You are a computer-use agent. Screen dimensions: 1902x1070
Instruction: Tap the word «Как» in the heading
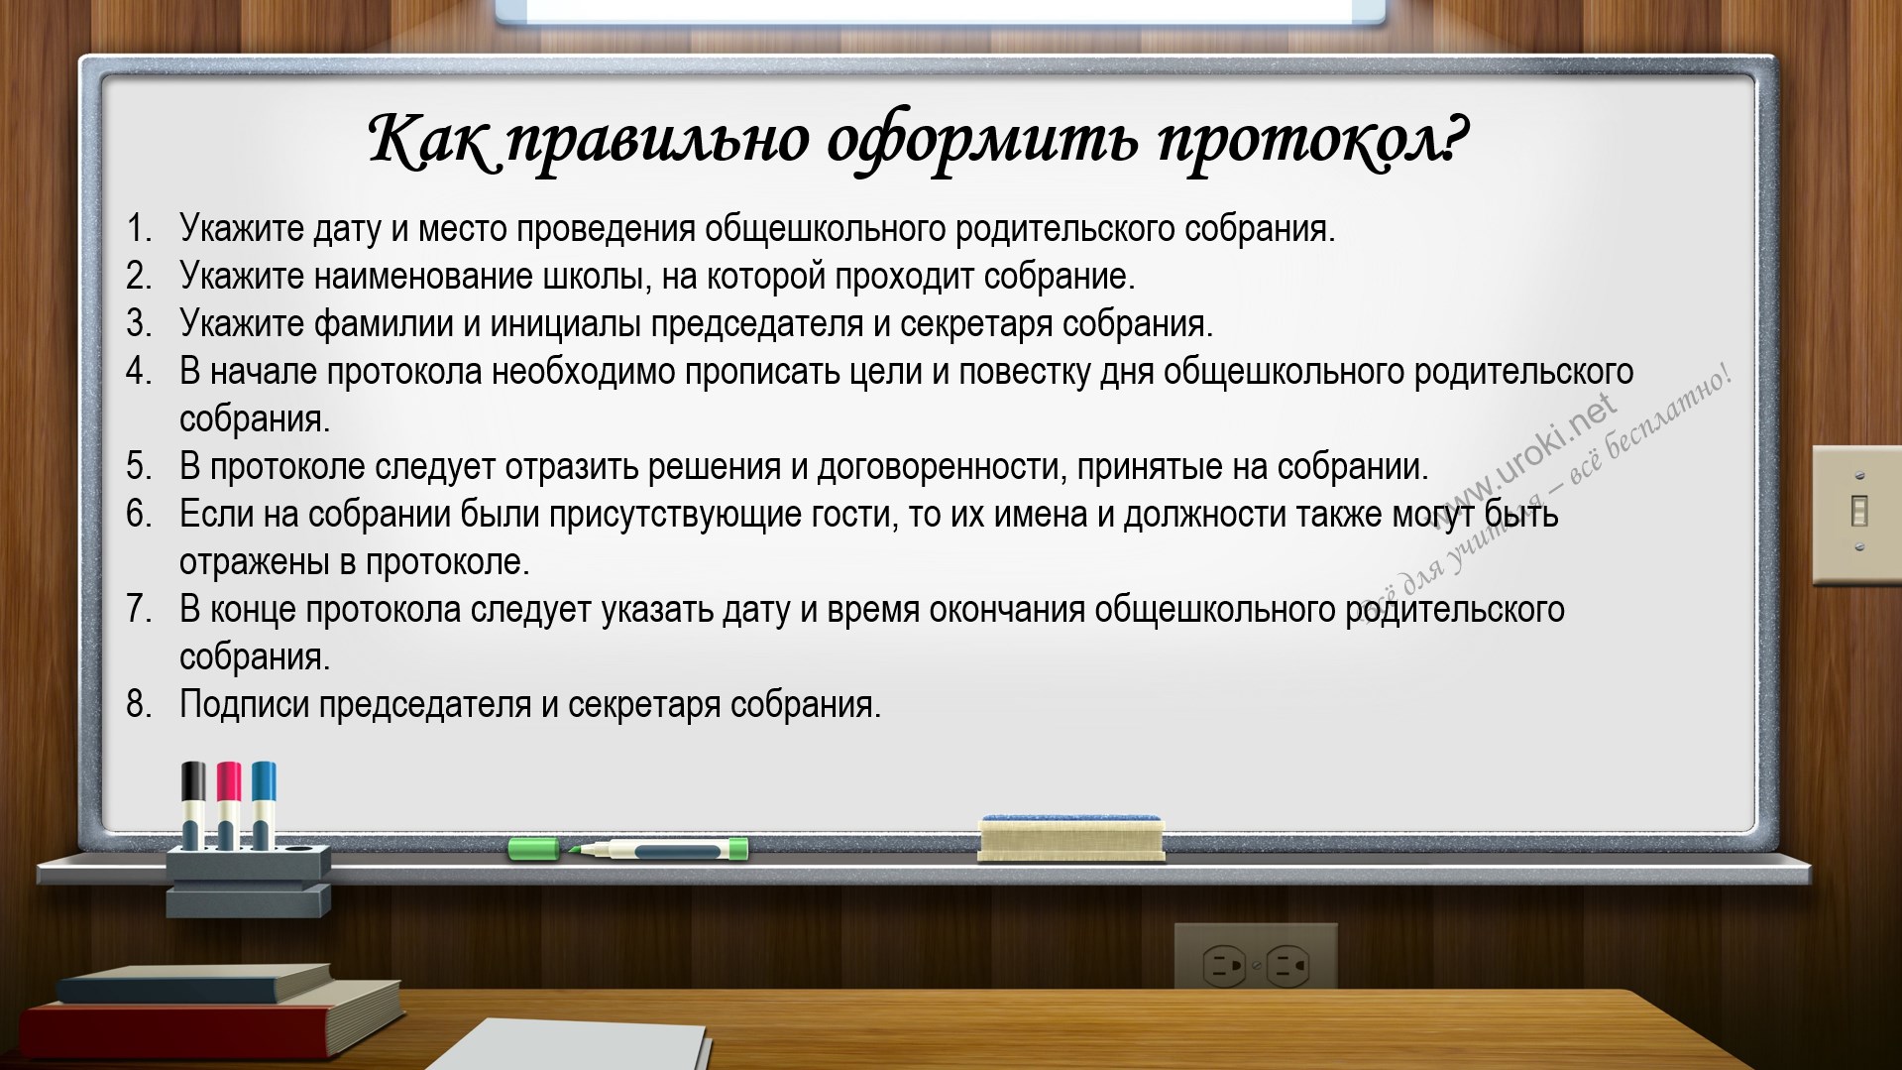[429, 139]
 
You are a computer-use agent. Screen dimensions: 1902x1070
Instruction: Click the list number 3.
[139, 323]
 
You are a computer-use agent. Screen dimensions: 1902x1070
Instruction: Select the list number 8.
[139, 704]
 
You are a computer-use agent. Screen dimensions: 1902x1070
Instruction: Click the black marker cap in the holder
[193, 781]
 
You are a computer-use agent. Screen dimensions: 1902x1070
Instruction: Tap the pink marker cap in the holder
[229, 781]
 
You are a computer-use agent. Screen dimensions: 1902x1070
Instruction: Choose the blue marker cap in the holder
[264, 781]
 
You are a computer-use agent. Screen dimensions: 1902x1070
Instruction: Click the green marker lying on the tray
[628, 849]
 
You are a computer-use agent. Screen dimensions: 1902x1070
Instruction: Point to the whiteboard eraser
[1070, 838]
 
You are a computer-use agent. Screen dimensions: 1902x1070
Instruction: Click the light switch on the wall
[1857, 514]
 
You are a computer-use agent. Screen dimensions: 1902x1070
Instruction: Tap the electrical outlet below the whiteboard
[1256, 956]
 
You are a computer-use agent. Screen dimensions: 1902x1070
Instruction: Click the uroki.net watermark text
[1531, 457]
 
